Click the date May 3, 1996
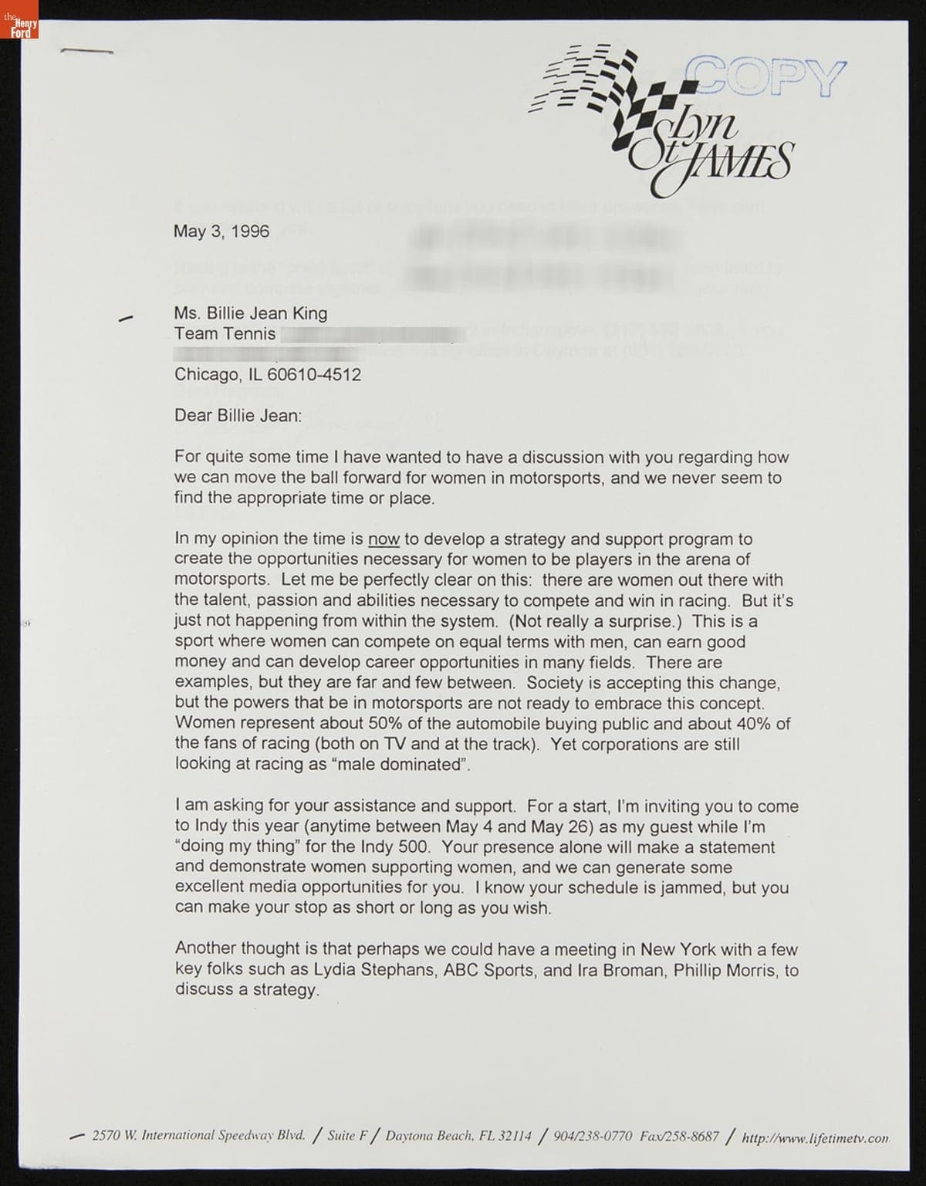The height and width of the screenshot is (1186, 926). (x=221, y=231)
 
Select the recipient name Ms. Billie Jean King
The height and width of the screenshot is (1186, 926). (x=251, y=313)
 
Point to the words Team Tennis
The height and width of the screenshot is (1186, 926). (x=225, y=333)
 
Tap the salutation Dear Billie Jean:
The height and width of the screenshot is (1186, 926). (x=238, y=416)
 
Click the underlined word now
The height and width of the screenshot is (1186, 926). (x=384, y=539)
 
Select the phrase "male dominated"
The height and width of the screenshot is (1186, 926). (x=416, y=765)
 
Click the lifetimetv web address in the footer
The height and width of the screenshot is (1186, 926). (x=815, y=1137)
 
